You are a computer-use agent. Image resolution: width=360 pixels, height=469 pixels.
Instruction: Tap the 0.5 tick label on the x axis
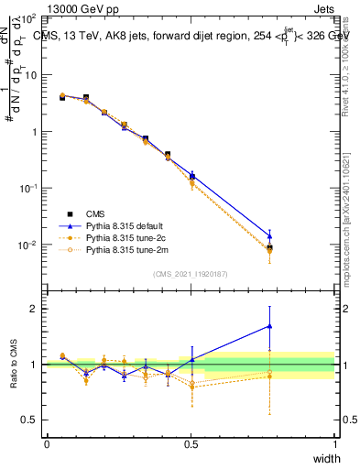pyautogui.click(x=191, y=444)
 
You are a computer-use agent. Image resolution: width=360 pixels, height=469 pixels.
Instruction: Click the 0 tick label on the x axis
pyautogui.click(x=47, y=444)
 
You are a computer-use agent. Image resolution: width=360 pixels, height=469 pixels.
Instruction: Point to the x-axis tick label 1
pyautogui.click(x=335, y=444)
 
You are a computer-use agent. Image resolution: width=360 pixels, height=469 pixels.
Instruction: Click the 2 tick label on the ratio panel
pyautogui.click(x=34, y=309)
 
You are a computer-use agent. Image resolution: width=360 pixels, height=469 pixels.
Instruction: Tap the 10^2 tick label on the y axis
pyautogui.click(x=27, y=18)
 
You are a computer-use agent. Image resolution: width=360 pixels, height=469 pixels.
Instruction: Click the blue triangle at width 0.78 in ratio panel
pyautogui.click(x=269, y=325)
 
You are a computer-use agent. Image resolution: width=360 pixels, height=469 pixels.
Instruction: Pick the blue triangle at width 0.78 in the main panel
pyautogui.click(x=269, y=235)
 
